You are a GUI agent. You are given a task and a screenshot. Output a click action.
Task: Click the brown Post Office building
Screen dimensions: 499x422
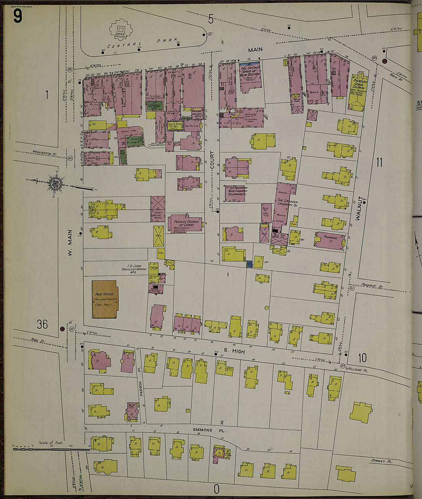click(x=105, y=299)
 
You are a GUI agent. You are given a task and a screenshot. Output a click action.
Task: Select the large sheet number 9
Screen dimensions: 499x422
click(x=17, y=16)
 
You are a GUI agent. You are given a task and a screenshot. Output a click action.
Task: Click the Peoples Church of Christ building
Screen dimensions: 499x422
click(x=186, y=223)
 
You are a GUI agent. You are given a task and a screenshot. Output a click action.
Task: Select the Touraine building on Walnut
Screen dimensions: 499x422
click(x=330, y=241)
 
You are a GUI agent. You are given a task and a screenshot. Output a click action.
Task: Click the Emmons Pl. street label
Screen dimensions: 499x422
click(x=202, y=430)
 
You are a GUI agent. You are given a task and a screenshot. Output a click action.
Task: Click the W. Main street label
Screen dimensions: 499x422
click(x=70, y=243)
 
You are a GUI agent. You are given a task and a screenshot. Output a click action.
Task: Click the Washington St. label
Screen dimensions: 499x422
click(x=44, y=153)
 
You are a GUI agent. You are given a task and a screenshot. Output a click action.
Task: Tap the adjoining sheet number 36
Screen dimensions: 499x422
click(x=42, y=324)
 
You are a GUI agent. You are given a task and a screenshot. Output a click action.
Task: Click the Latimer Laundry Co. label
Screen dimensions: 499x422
click(x=288, y=203)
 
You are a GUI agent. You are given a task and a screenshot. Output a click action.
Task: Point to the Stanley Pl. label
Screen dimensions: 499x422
click(x=381, y=461)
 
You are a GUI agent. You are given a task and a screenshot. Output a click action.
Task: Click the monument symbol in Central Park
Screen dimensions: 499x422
click(x=122, y=30)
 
